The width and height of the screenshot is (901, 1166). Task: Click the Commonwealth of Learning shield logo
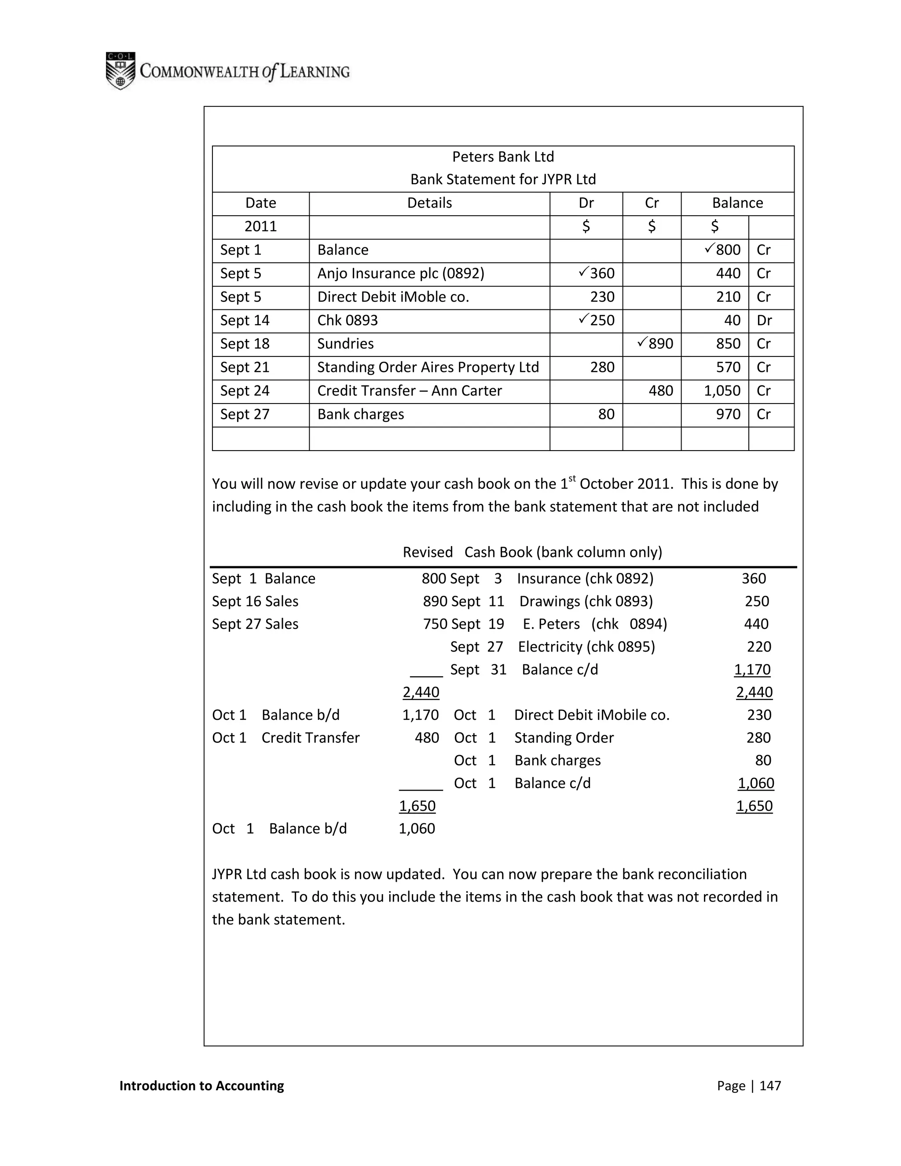[120, 70]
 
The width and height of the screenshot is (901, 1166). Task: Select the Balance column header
[737, 203]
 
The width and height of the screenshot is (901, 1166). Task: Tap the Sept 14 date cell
[245, 320]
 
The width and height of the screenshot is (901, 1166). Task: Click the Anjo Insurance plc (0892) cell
[401, 273]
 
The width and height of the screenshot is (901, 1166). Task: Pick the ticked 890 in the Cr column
[656, 343]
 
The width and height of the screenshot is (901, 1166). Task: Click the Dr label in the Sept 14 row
[764, 320]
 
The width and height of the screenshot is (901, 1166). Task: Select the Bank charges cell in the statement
[361, 414]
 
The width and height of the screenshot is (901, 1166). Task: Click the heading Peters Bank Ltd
[503, 157]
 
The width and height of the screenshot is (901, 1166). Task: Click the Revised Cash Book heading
[532, 552]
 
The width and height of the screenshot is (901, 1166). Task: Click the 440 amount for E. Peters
[756, 623]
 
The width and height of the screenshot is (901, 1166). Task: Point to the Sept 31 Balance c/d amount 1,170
[752, 670]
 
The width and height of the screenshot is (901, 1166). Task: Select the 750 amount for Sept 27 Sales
[435, 623]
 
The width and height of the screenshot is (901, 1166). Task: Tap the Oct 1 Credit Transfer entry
[310, 738]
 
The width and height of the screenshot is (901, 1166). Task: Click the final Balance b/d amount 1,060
[417, 829]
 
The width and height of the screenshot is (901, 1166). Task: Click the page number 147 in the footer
[770, 1085]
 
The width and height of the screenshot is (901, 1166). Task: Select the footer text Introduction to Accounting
[202, 1085]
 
